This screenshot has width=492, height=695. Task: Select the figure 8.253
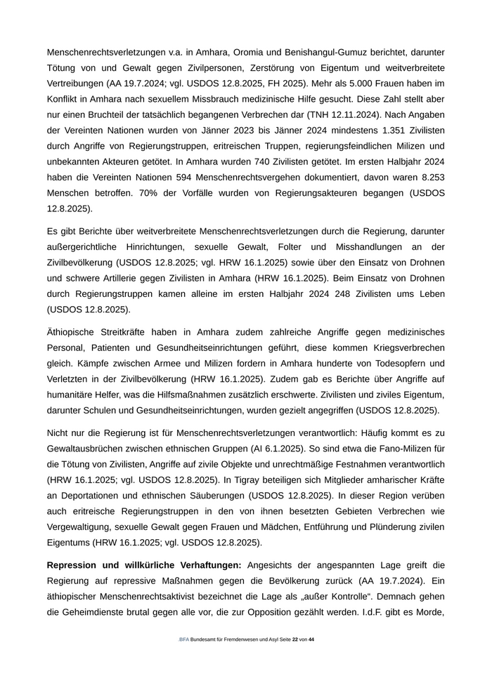427,177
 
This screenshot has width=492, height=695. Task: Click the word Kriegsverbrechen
403,347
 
